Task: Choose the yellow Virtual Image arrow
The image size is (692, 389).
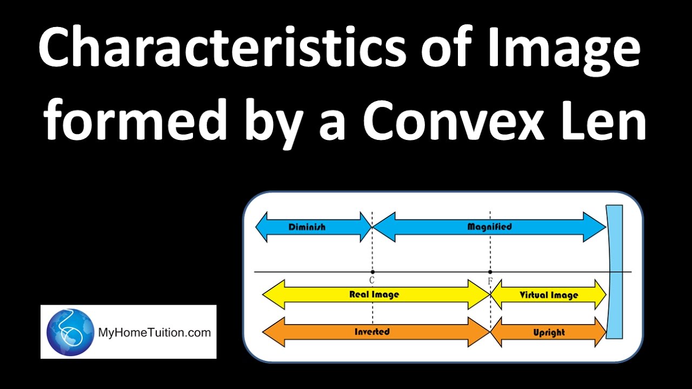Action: [x=548, y=295]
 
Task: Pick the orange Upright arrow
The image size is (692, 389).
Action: [x=548, y=332]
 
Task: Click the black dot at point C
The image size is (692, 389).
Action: [x=372, y=272]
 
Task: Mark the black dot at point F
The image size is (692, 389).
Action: [x=490, y=272]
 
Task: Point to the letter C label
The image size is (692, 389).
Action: [x=372, y=280]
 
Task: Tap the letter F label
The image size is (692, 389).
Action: [x=490, y=281]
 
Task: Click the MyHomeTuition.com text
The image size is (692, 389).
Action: [x=154, y=332]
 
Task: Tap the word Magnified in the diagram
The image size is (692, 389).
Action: [x=489, y=227]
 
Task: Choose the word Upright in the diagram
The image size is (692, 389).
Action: [x=548, y=332]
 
